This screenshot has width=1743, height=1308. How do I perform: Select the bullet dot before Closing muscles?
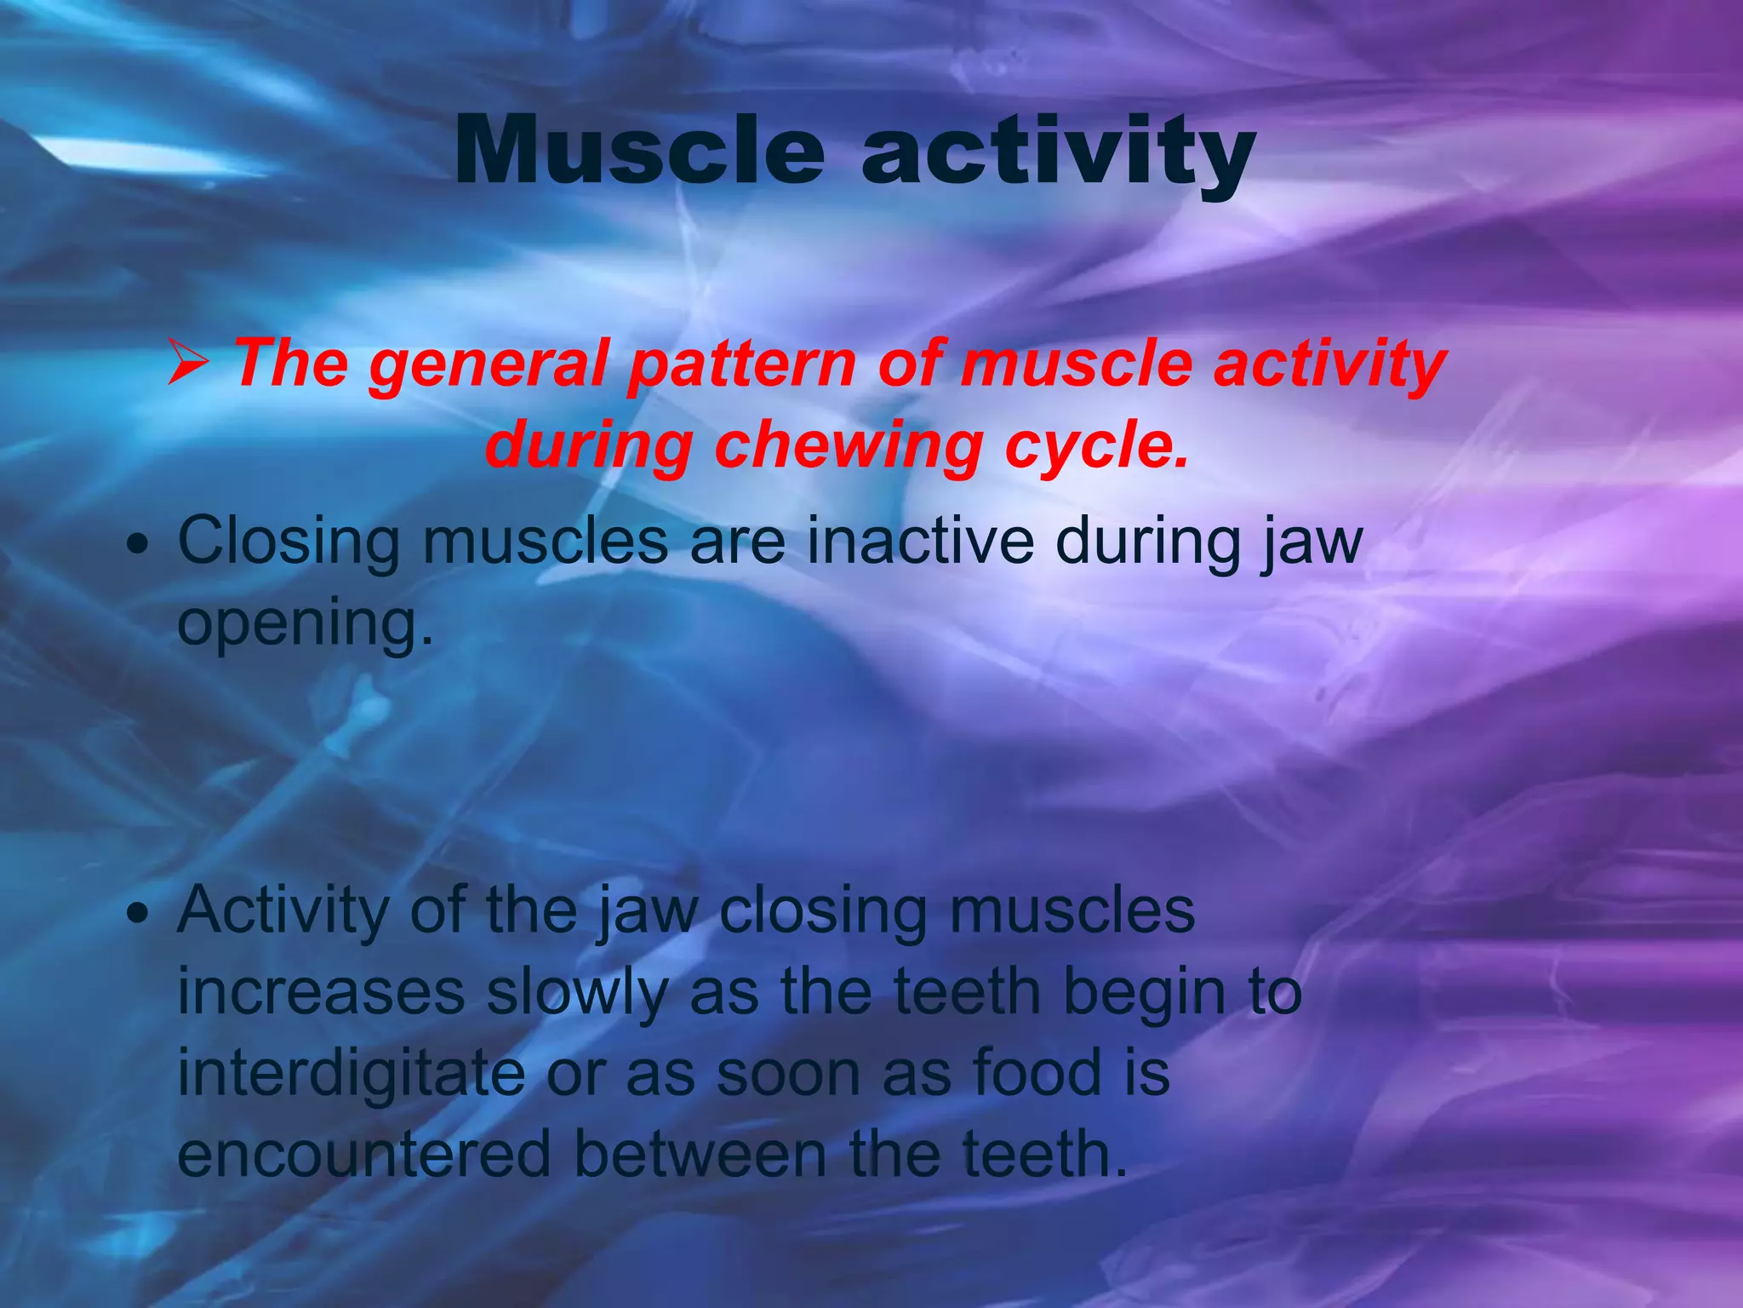[x=136, y=545]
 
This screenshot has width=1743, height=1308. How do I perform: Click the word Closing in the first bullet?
[x=288, y=542]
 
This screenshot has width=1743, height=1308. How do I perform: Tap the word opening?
[x=305, y=623]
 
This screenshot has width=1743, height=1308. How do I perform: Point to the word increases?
[x=321, y=993]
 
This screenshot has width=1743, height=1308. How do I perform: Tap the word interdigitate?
[x=351, y=1073]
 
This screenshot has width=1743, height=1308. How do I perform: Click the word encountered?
[x=364, y=1155]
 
